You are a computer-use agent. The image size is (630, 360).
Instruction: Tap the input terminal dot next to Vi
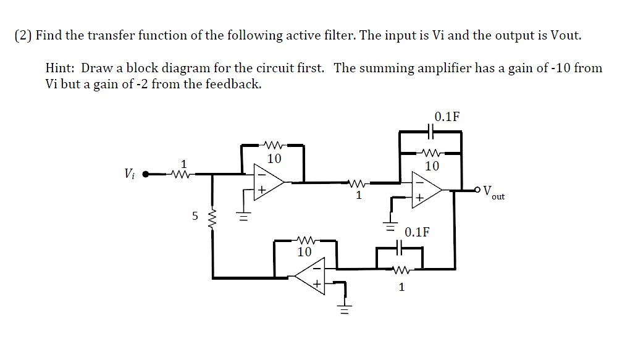pos(146,174)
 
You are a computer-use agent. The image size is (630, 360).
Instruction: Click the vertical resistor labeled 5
pos(213,217)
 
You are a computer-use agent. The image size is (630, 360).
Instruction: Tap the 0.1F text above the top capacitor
pos(447,117)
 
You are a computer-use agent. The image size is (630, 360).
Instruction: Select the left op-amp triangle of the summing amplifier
pos(268,182)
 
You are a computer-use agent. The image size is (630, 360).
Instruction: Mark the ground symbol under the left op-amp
pos(244,216)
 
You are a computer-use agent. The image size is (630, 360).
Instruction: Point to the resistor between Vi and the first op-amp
pos(180,175)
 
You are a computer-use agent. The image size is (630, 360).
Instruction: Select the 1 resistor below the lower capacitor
pos(400,269)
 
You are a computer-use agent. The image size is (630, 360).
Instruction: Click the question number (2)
pos(23,35)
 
